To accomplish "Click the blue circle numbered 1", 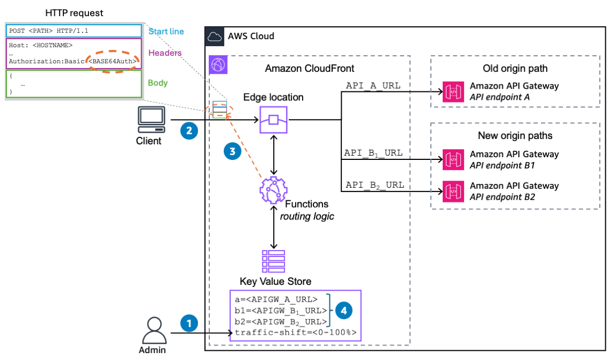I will [x=188, y=323].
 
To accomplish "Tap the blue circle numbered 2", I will [x=188, y=130].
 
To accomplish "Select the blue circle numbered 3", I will [x=232, y=152].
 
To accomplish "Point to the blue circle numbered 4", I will [x=343, y=310].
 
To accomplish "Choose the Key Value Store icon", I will [x=273, y=261].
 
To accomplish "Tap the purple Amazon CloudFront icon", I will [x=218, y=65].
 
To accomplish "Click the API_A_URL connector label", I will [x=373, y=85].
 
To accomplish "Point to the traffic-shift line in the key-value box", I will [x=295, y=333].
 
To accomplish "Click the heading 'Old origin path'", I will [x=515, y=69].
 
